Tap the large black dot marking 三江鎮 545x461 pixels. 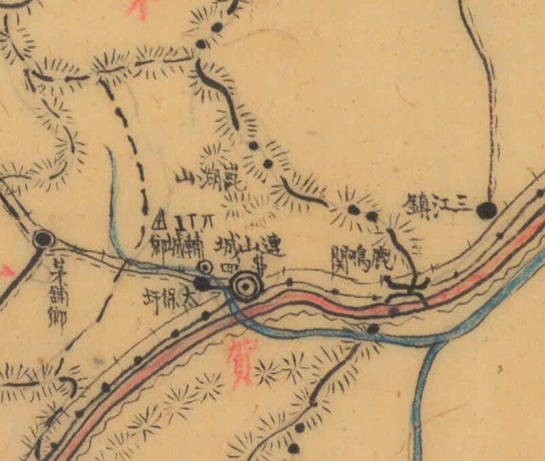pos(486,210)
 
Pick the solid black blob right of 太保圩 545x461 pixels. pos(202,282)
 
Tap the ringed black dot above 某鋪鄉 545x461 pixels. pos(44,238)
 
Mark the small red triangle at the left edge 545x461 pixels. pos(5,271)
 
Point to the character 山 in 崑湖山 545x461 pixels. pos(184,178)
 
